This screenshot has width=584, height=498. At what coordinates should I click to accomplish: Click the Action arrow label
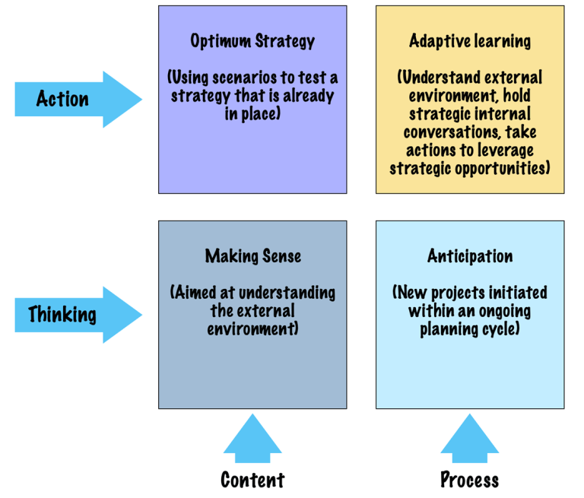(x=62, y=99)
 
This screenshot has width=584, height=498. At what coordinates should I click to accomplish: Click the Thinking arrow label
(x=62, y=314)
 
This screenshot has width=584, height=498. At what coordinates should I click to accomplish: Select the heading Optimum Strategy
(x=252, y=41)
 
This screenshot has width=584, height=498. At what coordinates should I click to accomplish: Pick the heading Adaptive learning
(x=470, y=41)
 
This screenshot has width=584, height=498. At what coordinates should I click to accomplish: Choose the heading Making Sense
(x=252, y=256)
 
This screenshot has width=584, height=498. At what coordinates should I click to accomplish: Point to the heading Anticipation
(x=470, y=256)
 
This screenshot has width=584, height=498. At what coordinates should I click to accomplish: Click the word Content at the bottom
(x=252, y=480)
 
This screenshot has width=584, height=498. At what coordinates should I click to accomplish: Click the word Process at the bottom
(x=470, y=480)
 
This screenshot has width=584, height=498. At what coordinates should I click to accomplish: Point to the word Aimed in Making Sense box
(x=198, y=293)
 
